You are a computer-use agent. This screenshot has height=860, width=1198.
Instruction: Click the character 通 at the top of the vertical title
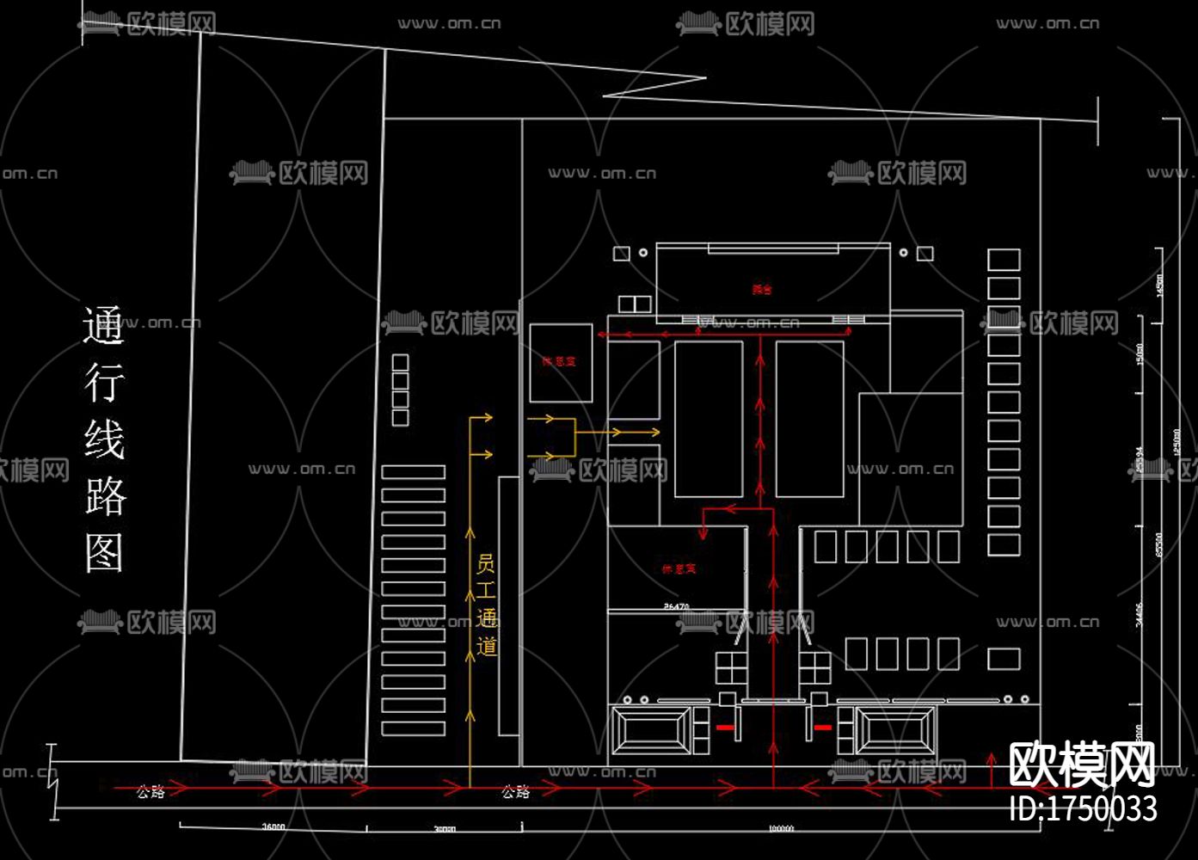pyautogui.click(x=104, y=325)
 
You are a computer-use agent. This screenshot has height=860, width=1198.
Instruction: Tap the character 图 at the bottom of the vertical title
pyautogui.click(x=104, y=552)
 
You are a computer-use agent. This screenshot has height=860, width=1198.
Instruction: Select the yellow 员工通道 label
pyautogui.click(x=487, y=605)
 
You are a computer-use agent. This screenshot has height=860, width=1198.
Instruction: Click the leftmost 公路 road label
pyautogui.click(x=151, y=791)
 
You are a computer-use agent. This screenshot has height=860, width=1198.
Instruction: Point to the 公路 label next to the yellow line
pyautogui.click(x=515, y=791)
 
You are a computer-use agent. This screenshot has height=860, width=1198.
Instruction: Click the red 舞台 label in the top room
pyautogui.click(x=762, y=290)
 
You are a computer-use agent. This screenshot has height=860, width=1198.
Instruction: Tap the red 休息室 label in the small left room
pyautogui.click(x=559, y=361)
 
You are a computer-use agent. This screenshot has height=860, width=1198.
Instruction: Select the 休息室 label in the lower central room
pyautogui.click(x=679, y=568)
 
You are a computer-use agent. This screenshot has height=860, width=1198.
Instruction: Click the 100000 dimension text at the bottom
pyautogui.click(x=780, y=829)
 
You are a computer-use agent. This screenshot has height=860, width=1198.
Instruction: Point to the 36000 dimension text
pyautogui.click(x=273, y=827)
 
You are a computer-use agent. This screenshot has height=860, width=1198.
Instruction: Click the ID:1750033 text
pyautogui.click(x=1083, y=809)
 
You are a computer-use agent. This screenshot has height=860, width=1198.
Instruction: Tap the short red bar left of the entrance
pyautogui.click(x=726, y=728)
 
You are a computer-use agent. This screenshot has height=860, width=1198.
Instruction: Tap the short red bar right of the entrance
pyautogui.click(x=823, y=728)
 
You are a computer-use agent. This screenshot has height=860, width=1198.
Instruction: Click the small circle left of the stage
pyautogui.click(x=643, y=253)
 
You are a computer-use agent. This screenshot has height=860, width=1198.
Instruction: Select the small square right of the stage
pyautogui.click(x=925, y=253)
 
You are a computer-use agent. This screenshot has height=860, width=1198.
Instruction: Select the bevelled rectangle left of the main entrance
pyautogui.click(x=652, y=730)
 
